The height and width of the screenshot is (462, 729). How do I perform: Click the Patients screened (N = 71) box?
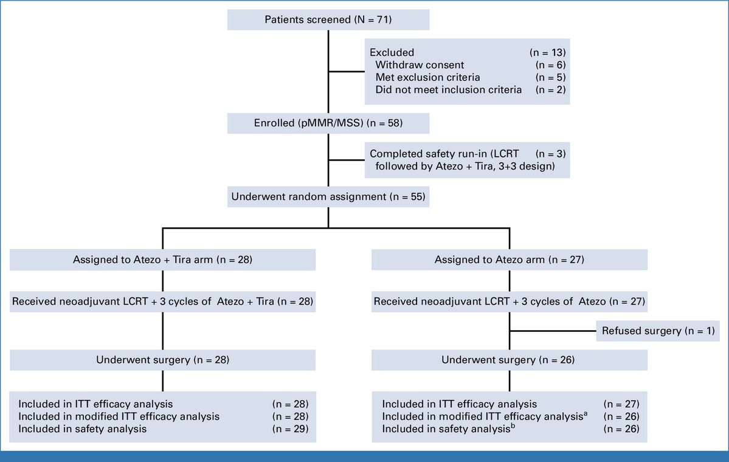coord(328,19)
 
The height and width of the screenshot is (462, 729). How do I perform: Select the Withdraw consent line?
coord(420,65)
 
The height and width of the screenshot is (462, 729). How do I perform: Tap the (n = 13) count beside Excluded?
coord(548,52)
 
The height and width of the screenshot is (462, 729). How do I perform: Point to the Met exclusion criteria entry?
coord(427,78)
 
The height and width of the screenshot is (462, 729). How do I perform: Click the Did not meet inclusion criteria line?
coord(449,90)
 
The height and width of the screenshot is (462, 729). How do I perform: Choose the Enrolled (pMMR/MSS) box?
coord(328,123)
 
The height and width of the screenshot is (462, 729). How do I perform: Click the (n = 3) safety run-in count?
coord(550,154)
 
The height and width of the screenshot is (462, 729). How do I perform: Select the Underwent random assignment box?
coord(328,196)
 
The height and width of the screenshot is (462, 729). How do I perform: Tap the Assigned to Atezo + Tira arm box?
coord(163,260)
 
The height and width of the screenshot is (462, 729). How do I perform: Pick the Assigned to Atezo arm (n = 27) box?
coord(510,260)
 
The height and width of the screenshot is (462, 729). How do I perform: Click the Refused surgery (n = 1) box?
coord(658,331)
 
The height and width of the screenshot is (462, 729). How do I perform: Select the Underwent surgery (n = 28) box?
coord(163,360)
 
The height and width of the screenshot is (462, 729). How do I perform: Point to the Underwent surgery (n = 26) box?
coord(510,360)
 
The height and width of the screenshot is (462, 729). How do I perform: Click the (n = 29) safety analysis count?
coord(291,429)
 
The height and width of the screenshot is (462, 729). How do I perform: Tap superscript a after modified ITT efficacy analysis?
coord(586,413)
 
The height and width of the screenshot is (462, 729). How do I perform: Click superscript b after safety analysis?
coord(513,426)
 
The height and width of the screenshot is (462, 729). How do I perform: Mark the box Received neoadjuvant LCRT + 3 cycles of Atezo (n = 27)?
coord(510,302)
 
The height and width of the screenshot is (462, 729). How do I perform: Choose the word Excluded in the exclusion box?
coord(392,52)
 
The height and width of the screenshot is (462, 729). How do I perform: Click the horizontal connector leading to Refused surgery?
coord(553,331)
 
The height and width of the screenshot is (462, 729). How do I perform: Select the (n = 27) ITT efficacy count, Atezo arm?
coord(621,404)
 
